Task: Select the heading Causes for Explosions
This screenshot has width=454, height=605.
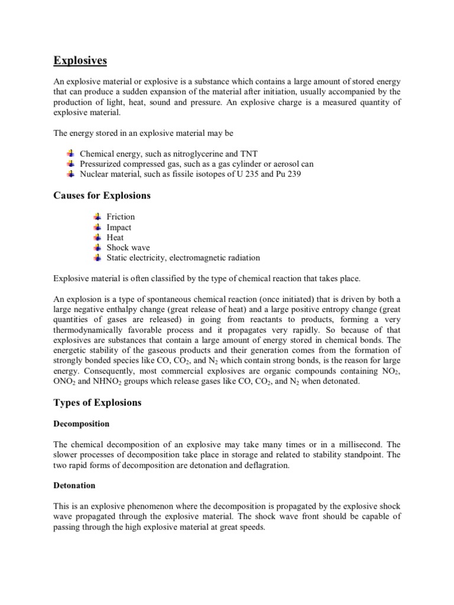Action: tap(102, 196)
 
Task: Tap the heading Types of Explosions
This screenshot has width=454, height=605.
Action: tap(98, 402)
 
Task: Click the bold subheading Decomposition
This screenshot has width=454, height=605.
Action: tap(82, 424)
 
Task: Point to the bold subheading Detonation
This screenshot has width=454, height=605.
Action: tap(74, 485)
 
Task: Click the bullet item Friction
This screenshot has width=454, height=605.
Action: tap(121, 217)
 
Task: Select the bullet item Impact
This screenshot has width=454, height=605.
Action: tap(119, 227)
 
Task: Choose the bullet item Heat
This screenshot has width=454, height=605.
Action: tap(115, 238)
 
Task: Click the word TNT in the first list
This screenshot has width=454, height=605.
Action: tap(248, 154)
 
